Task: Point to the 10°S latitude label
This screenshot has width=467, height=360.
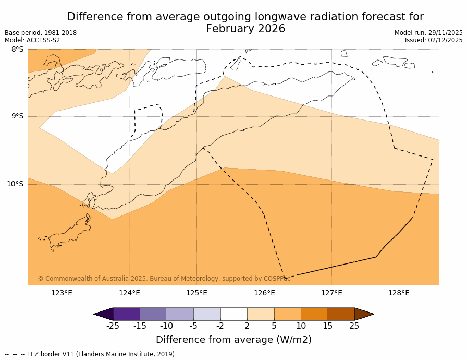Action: pyautogui.click(x=15, y=184)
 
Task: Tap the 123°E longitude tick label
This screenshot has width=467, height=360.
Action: pyautogui.click(x=62, y=293)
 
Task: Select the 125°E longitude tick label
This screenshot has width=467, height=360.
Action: pyautogui.click(x=196, y=293)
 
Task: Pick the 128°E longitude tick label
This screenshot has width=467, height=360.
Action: pyautogui.click(x=399, y=293)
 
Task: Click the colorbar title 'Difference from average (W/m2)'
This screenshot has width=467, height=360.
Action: pyautogui.click(x=233, y=340)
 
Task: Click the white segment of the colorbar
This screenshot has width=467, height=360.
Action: pyautogui.click(x=233, y=314)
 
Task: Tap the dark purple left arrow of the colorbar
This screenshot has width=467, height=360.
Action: pyautogui.click(x=103, y=314)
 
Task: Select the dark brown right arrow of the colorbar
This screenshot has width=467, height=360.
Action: pyautogui.click(x=364, y=314)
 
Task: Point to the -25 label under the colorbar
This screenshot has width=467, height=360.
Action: pyautogui.click(x=113, y=326)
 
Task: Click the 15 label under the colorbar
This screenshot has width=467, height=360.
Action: pyautogui.click(x=327, y=326)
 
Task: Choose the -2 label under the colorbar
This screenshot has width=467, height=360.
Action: pyautogui.click(x=220, y=326)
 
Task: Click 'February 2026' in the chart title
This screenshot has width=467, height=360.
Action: pyautogui.click(x=245, y=29)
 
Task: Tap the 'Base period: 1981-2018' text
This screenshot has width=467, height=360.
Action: pyautogui.click(x=41, y=33)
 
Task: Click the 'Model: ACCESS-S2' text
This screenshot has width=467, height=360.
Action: pyautogui.click(x=32, y=40)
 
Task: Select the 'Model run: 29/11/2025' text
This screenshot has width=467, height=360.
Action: pyautogui.click(x=428, y=33)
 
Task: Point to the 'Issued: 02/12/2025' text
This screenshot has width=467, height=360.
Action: pyautogui.click(x=434, y=40)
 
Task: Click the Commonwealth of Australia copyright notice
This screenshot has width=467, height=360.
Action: pyautogui.click(x=164, y=279)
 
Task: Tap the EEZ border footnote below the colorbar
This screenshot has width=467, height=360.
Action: pyautogui.click(x=91, y=354)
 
